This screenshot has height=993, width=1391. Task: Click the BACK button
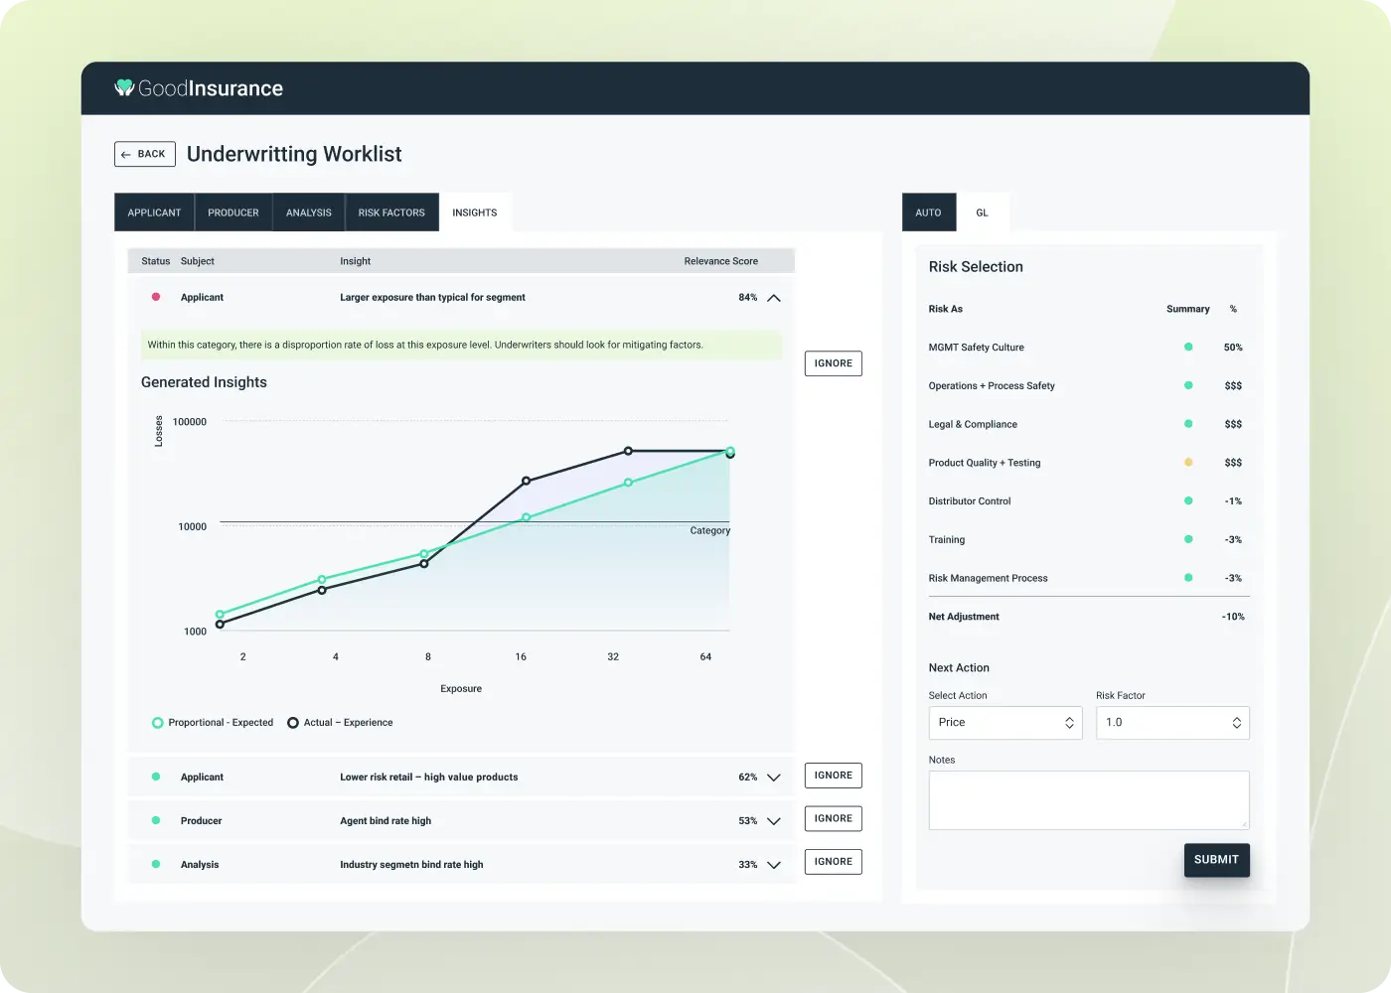145,154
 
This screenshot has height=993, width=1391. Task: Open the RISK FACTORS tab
391,213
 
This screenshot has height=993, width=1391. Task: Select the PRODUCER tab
233,213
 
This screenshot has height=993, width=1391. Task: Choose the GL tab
982,213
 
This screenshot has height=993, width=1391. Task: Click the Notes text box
1088,799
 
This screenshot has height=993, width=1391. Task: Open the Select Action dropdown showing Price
1005,723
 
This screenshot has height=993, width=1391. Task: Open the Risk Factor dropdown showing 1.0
1172,723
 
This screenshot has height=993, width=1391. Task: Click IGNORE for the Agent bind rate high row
833,819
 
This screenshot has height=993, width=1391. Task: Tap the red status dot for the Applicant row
156,297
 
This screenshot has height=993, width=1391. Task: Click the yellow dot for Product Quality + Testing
1188,463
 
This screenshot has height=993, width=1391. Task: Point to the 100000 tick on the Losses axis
190,422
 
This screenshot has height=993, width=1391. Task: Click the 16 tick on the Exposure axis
521,656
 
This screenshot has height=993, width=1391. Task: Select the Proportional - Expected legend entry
212,723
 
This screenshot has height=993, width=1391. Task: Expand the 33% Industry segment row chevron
774,865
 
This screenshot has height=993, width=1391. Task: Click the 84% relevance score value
748,297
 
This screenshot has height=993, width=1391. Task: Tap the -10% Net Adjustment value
1233,617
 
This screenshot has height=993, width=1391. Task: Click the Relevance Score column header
720,261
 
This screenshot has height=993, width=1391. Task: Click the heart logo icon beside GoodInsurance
124,88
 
